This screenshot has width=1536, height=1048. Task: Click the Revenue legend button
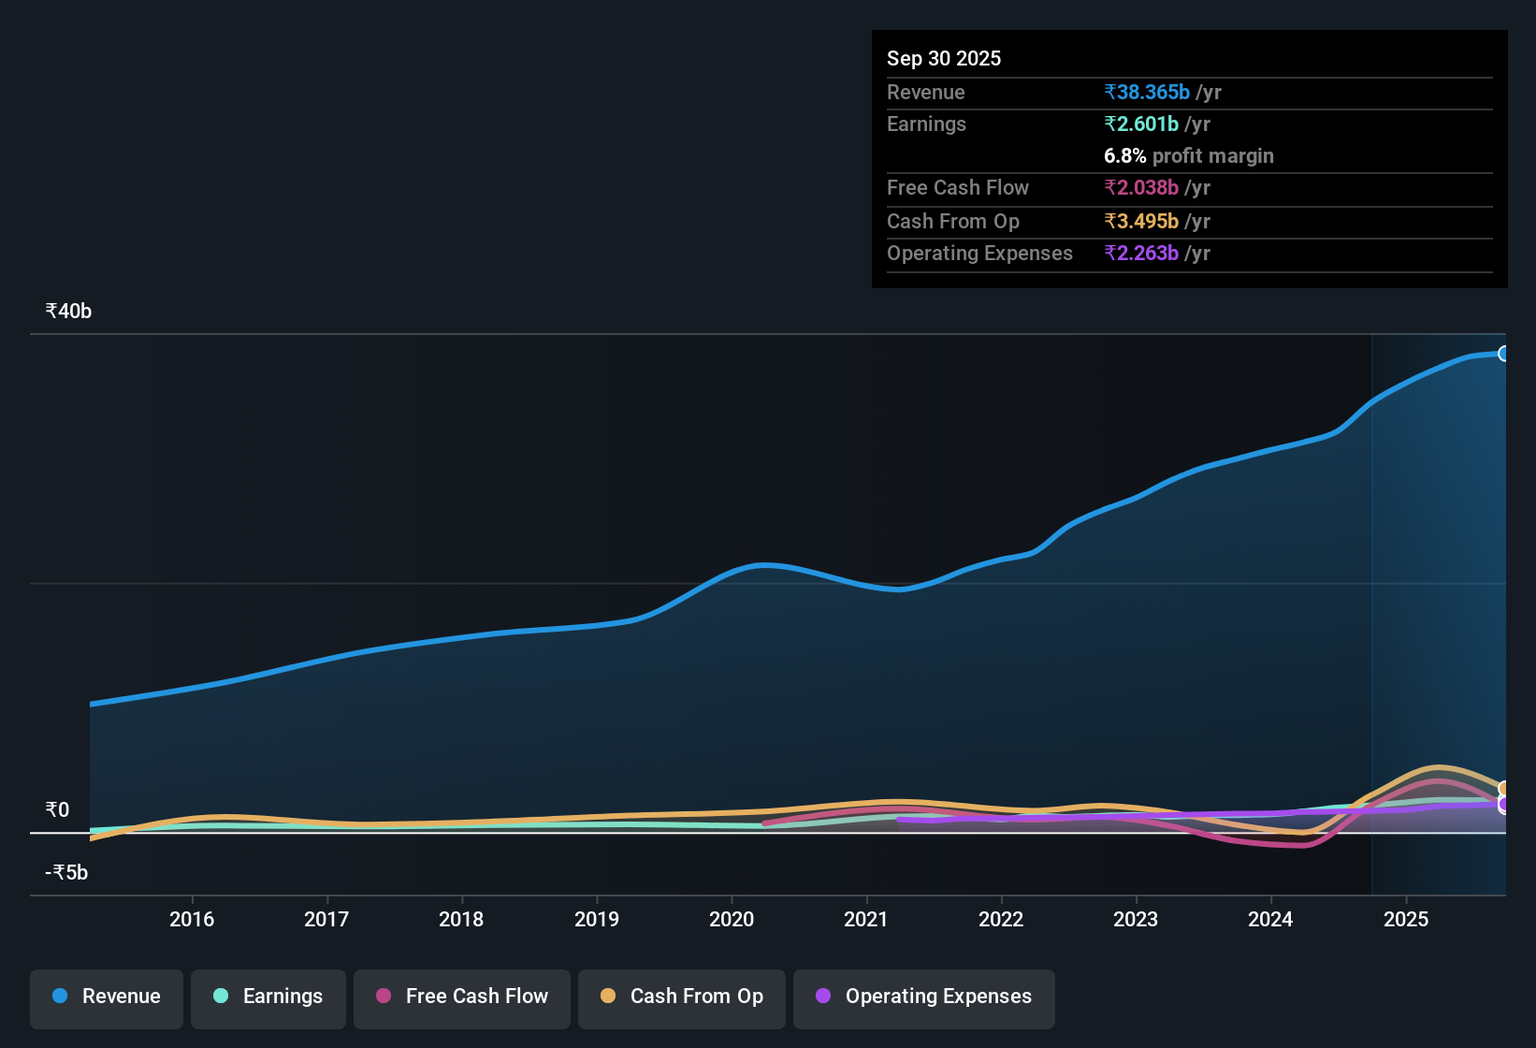pos(107,997)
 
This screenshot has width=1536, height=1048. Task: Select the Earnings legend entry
pos(268,997)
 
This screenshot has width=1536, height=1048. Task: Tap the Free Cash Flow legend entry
pos(462,997)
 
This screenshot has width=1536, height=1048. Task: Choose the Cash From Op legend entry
pos(682,997)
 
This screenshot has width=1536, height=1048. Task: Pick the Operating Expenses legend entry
pos(924,997)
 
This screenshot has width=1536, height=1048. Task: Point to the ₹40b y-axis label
pos(68,312)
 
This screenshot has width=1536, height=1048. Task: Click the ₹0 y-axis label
pos(57,810)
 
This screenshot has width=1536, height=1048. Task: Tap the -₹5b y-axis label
pos(66,873)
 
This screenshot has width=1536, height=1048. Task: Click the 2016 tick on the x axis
pos(192,920)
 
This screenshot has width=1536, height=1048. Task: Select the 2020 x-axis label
pos(732,920)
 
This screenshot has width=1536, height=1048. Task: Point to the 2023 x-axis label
pos(1136,920)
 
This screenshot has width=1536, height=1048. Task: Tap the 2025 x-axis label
pos(1406,920)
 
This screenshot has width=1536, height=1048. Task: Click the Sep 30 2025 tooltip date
pos(944,59)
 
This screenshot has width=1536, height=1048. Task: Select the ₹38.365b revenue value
pos(1147,93)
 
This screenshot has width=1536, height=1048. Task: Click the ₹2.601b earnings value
pos(1141,124)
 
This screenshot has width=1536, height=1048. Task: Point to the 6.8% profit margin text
pos(1189,156)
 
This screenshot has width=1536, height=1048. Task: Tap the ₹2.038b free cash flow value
pos(1141,188)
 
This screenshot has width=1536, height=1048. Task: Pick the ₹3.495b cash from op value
pos(1141,222)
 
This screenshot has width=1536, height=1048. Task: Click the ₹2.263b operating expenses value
pos(1141,254)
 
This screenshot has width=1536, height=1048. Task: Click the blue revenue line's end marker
pos(1503,354)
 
